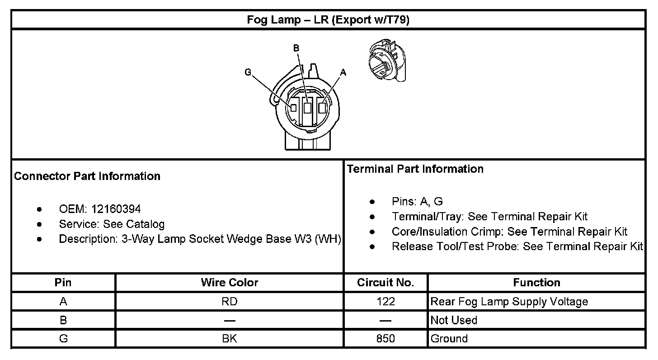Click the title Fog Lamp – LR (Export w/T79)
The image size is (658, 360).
point(328,20)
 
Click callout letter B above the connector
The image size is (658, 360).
point(296,48)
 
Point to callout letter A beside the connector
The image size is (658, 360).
point(343,72)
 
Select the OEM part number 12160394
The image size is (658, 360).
point(116,209)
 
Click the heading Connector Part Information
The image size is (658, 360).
point(87,176)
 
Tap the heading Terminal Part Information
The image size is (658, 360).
point(415,169)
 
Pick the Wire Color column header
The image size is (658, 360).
point(230,283)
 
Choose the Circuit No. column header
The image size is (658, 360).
point(385,283)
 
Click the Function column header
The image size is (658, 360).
point(536,283)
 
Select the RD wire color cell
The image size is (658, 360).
point(230,302)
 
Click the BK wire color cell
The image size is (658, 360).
point(230,339)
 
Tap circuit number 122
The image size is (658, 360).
point(385,302)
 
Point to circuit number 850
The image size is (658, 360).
point(385,339)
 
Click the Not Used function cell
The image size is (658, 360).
point(454,320)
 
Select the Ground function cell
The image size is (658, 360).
point(449,339)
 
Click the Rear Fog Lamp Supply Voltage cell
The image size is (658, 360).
point(509,302)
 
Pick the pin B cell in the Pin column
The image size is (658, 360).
point(63,320)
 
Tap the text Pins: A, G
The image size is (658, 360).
point(417,202)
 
